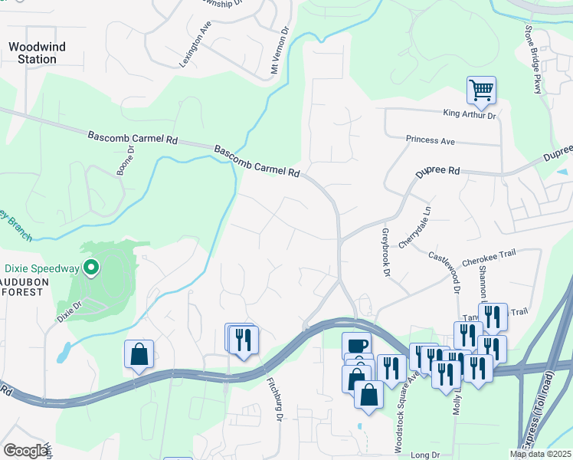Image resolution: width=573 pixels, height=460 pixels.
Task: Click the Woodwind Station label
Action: pos(37,53)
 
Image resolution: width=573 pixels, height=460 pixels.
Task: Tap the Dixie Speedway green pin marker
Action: pos(91,268)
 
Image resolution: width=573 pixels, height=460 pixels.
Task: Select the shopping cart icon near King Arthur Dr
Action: pos(481,90)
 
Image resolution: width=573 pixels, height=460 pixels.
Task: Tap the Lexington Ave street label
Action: pos(195,44)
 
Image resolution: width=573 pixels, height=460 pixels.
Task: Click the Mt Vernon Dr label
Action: pos(279,52)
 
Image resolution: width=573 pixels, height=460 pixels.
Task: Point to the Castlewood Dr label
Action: pos(444,272)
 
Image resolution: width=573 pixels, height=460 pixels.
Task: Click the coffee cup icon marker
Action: pos(357,345)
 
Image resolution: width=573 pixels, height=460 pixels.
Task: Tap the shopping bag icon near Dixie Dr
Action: pos(139,354)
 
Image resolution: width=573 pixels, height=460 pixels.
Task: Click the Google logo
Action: pos(25,451)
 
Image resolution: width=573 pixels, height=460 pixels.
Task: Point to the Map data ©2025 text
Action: pos(541,454)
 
